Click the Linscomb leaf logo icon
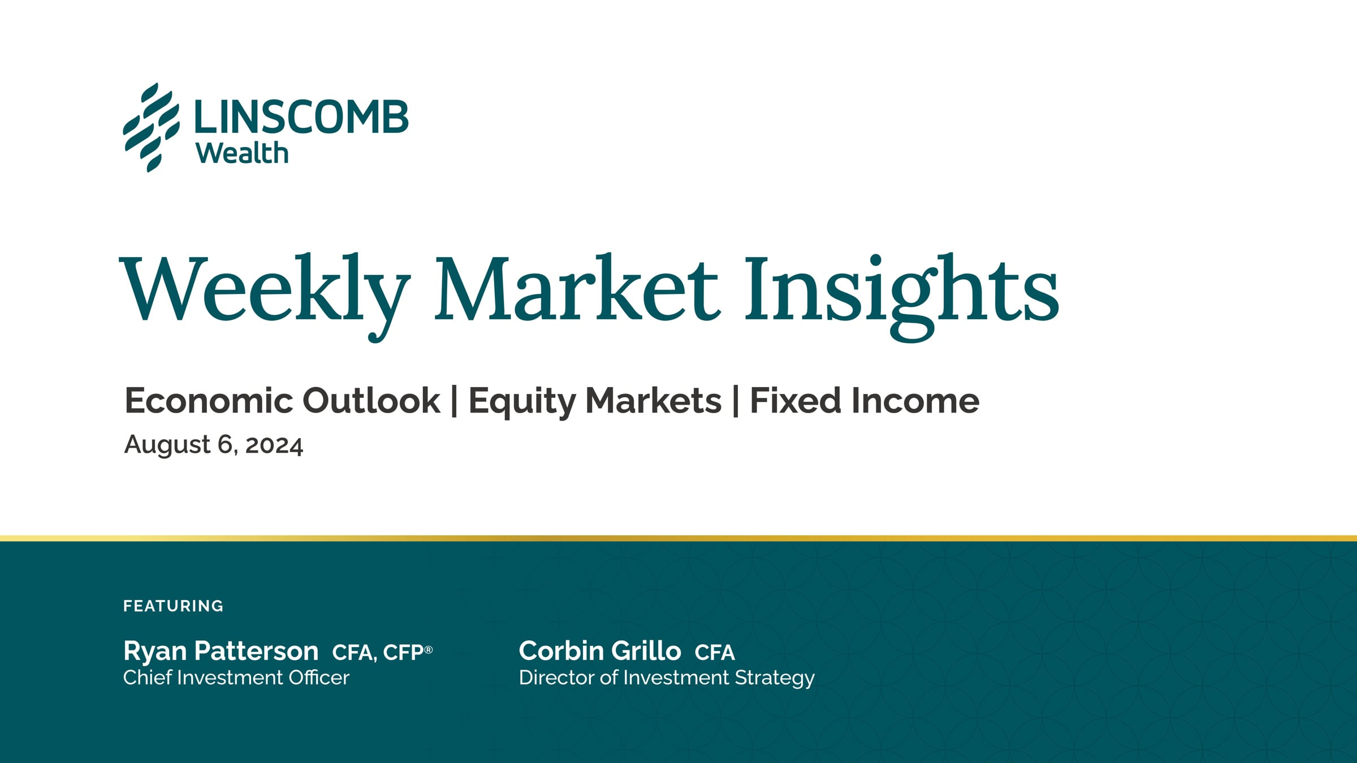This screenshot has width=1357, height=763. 152,128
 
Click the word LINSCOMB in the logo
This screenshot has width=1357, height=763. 301,118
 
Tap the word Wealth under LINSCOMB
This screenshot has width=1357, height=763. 242,153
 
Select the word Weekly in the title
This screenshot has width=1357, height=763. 265,294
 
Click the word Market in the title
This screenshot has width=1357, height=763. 577,289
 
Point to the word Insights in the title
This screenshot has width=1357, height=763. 902,296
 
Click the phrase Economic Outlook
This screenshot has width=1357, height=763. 282,401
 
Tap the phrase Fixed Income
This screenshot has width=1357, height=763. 865,401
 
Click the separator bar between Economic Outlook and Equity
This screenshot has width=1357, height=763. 455,401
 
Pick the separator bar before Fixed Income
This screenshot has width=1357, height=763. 736,401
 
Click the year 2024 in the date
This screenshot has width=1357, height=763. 274,445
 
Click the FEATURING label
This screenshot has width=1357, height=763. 174,606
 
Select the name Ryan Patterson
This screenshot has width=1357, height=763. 221,651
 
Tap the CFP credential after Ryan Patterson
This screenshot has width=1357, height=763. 408,652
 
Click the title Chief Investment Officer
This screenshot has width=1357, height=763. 236,678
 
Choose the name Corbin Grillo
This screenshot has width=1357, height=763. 600,651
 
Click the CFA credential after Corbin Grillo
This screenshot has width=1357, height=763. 715,653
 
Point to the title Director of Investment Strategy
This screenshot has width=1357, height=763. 667,678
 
